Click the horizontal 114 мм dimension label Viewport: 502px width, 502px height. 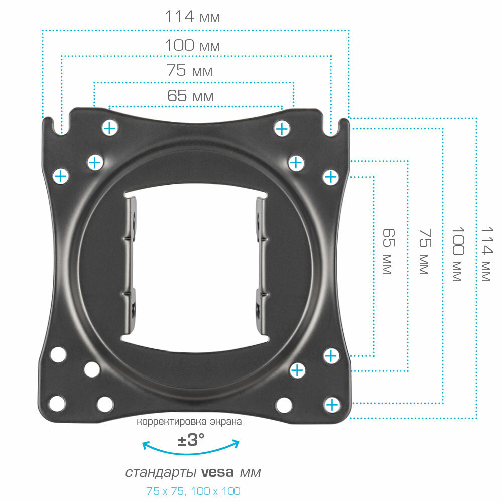[192, 17]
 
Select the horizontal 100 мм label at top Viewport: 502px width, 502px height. [192, 46]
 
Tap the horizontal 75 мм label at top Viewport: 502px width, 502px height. [190, 71]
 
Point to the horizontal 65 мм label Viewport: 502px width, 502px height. [190, 96]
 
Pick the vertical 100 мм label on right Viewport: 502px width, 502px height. [457, 253]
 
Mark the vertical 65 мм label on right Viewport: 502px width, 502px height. [387, 251]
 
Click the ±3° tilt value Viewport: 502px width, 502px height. [191, 440]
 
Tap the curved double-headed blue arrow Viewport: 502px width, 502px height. [191, 448]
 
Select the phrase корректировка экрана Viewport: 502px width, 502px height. [190, 422]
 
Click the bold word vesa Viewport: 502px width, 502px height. [218, 473]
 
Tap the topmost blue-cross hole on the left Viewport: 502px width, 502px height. [109, 128]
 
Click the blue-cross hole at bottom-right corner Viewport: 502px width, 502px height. [332, 405]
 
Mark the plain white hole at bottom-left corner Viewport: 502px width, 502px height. [57, 403]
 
